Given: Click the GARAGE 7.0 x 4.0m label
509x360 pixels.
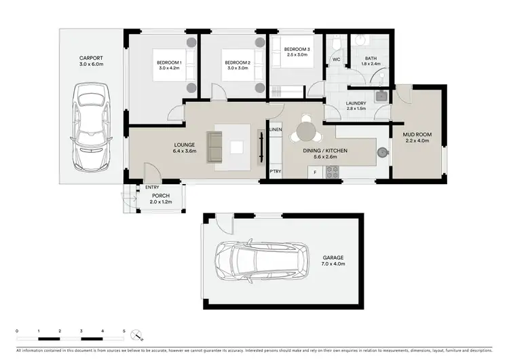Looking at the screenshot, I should pos(333,261).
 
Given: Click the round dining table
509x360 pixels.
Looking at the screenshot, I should pos(306,129).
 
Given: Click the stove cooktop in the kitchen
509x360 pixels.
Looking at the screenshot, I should pos(332,173).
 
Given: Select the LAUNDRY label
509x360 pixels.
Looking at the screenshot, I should pos(356,105).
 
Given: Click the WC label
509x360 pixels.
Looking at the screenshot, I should pos(335,60).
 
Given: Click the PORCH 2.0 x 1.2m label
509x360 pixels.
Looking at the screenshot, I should pos(161,198).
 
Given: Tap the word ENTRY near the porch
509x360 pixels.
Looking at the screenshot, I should pos(151,187).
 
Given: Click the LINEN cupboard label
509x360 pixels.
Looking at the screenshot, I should pos(276,129).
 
